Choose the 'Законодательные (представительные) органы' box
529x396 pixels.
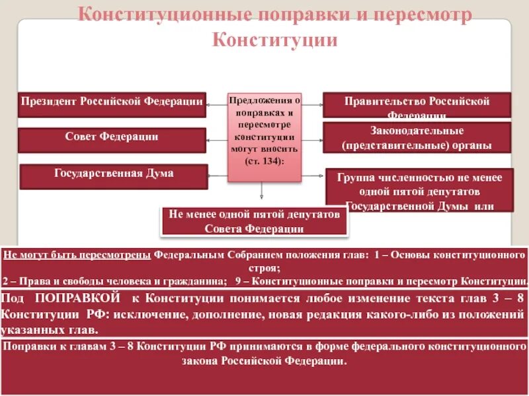pos(417,138)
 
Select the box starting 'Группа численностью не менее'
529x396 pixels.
pos(420,190)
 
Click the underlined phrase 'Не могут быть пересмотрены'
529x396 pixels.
pos(77,254)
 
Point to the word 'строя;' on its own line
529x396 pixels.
pos(264,267)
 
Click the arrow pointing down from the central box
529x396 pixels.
pos(263,191)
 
